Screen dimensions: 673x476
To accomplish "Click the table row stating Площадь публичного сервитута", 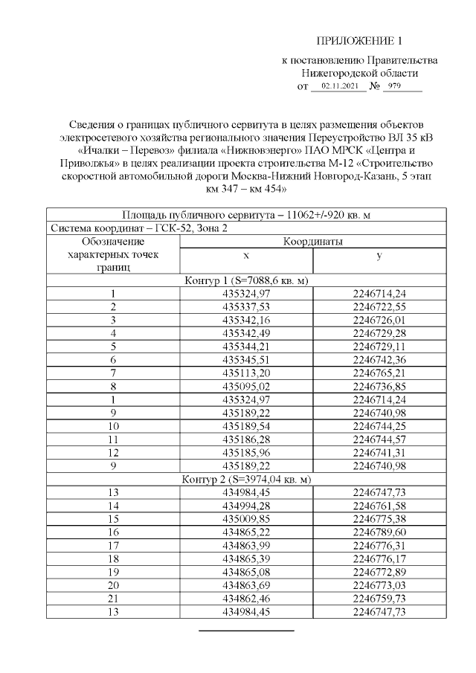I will pyautogui.click(x=246, y=214).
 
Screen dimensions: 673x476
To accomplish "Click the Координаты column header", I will pyautogui.click(x=312, y=241).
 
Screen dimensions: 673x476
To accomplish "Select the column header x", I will pyautogui.click(x=246, y=254).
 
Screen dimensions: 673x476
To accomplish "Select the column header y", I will pyautogui.click(x=379, y=254).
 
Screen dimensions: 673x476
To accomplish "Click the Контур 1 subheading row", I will pyautogui.click(x=246, y=280).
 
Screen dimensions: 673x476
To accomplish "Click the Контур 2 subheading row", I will pyautogui.click(x=246, y=480).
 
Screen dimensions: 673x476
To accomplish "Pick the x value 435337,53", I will pyautogui.click(x=246, y=306).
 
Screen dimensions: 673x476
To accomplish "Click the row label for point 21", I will pyautogui.click(x=113, y=599).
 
